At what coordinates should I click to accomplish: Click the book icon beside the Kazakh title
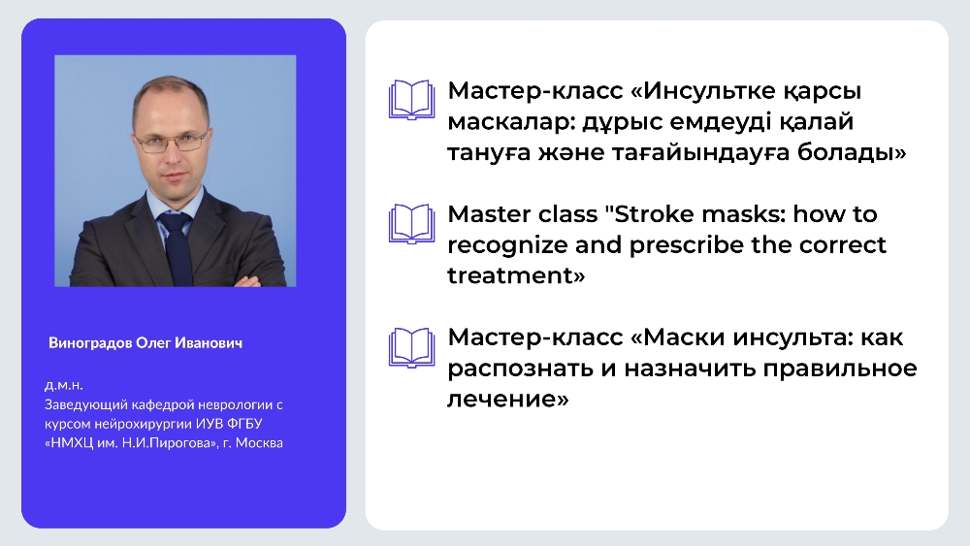coord(411,100)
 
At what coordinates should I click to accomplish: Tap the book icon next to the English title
coord(411,223)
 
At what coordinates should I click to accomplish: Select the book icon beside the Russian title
coord(411,347)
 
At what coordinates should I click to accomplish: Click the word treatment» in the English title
coord(516,275)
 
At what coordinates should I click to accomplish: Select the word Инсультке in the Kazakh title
coord(708,91)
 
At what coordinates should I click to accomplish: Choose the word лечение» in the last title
coord(508,400)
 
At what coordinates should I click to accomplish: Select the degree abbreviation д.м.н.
coord(64,386)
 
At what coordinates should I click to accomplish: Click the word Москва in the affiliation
coord(259,443)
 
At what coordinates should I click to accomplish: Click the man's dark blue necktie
coord(177,246)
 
